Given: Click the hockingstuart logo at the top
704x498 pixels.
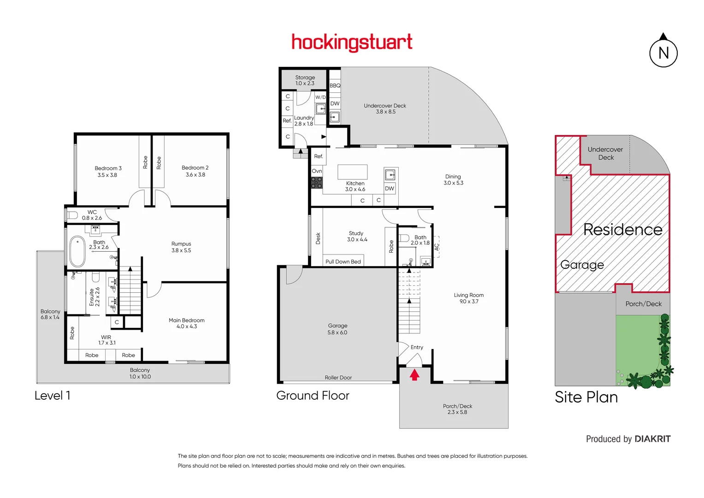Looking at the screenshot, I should [352, 42].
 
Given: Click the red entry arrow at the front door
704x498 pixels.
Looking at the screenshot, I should [414, 374].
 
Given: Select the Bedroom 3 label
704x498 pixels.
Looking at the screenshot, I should [108, 168].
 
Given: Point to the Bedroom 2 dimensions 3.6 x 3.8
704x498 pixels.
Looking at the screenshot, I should [195, 175].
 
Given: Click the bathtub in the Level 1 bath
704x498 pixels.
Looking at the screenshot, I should [77, 251].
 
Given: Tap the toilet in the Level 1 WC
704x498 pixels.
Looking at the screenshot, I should [72, 215].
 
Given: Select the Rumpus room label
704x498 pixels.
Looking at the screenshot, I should [181, 244].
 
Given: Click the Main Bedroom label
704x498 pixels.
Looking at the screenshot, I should [186, 320].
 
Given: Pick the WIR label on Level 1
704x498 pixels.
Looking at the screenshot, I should [106, 337].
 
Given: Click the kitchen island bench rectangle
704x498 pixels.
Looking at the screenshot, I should [352, 172].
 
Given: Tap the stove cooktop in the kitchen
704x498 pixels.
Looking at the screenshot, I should [317, 183].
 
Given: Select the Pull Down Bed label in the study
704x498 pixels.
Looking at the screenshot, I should [343, 261].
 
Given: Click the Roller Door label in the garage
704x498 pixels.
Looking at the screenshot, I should [338, 378].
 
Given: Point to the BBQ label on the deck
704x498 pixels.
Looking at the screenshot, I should [335, 85].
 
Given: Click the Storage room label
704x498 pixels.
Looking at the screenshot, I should [305, 77].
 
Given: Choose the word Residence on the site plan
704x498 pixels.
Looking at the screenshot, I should [622, 229].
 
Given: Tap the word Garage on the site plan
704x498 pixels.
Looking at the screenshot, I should [582, 265].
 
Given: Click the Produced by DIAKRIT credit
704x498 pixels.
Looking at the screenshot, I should [628, 439].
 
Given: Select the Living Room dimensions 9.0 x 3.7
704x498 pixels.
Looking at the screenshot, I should [468, 302].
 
